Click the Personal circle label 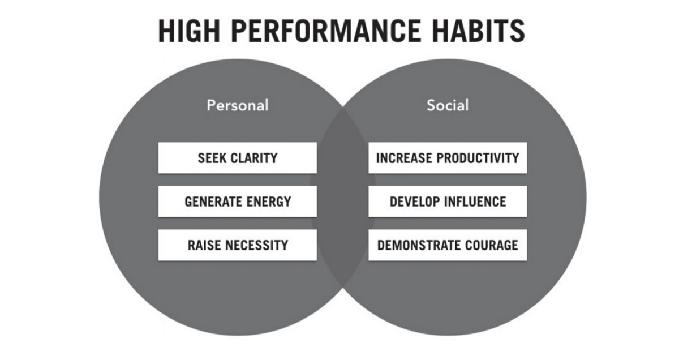tap(237, 105)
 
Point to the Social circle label tap(447, 105)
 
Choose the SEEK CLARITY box tap(237, 157)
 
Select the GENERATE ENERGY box tap(237, 201)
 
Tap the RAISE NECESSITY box tap(237, 245)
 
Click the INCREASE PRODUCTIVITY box tap(447, 157)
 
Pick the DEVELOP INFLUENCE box tap(447, 201)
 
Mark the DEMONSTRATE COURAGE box tap(447, 245)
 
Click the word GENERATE tap(209, 201)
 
